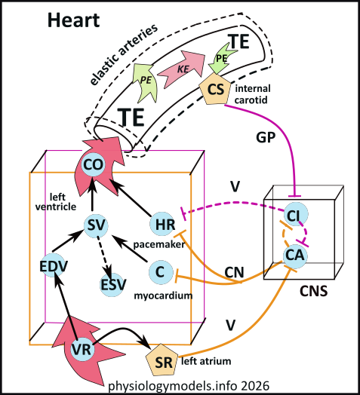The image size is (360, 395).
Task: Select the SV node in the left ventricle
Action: [93, 224]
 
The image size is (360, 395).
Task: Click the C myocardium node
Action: [158, 269]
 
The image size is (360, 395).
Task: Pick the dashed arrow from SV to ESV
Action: [104, 255]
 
